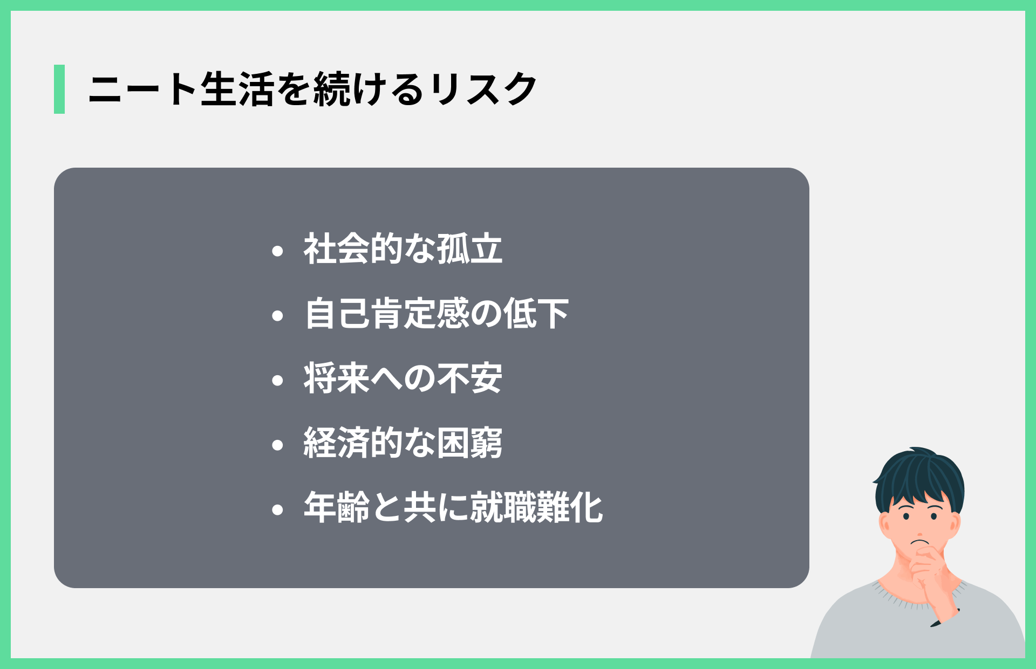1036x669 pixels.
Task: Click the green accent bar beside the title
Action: (59, 89)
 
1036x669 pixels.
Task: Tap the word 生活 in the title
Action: (237, 89)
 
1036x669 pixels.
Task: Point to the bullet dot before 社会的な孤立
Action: (278, 251)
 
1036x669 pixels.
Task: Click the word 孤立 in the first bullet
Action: (469, 249)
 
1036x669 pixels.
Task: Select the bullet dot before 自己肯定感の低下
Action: (278, 315)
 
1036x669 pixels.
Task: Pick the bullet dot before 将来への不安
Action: (278, 380)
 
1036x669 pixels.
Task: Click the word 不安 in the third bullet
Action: (469, 378)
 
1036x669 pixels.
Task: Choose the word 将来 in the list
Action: (337, 378)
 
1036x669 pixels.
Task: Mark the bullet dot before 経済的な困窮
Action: (278, 445)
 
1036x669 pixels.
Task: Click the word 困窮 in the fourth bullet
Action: (469, 443)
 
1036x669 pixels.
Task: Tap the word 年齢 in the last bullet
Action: (337, 508)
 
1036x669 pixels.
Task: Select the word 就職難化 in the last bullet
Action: (536, 508)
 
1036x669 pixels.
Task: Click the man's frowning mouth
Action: (919, 542)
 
